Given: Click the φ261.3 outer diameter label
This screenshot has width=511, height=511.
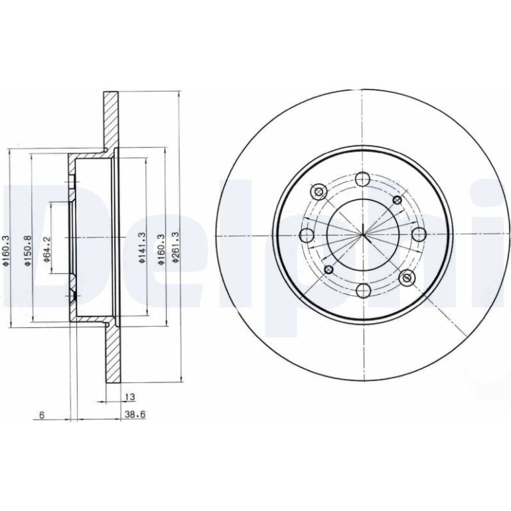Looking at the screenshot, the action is coord(176,247).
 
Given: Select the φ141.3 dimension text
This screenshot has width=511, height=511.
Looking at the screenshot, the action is coord(141,248).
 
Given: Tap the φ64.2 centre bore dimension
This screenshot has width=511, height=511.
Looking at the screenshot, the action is coord(47,250).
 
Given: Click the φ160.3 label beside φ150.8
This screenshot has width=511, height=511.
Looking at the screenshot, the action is coord(5,252).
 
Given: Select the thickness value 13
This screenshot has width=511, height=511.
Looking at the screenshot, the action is coord(129,398).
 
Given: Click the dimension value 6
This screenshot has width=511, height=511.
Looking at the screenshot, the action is coord(41,415).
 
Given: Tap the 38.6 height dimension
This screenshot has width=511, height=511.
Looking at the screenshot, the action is coord(135,415).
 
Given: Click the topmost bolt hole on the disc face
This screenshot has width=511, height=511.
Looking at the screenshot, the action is coord(362,179).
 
